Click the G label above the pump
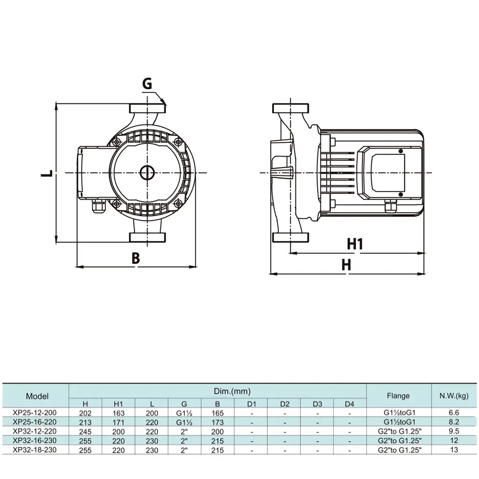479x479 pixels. pos(147,83)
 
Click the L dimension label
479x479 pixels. pos(47,173)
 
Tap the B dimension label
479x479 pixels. pos(136,258)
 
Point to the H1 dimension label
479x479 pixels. pos(355,244)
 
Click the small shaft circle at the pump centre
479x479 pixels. pos(147,173)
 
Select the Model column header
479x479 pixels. pos(37,396)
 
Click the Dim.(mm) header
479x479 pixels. pos(232,391)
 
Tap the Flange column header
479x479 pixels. pos(399,396)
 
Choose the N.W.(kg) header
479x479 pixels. pos(454,396)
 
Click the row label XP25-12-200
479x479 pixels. pos(34,413)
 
